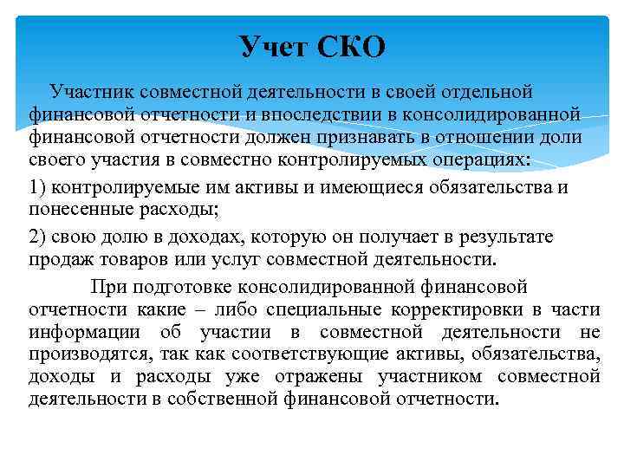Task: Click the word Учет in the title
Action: [x=274, y=46]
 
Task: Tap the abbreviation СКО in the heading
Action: [x=350, y=46]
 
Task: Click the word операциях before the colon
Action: [x=504, y=161]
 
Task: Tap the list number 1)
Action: [x=37, y=187]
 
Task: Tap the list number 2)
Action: [x=37, y=237]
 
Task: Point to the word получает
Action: [x=356, y=237]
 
